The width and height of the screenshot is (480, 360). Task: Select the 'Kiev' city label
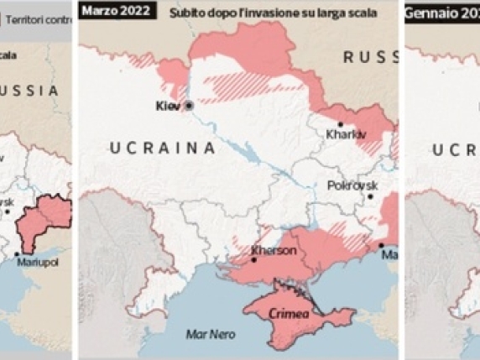169,107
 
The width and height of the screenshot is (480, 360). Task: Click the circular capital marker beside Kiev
190,106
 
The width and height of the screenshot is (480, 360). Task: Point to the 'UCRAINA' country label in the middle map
159,149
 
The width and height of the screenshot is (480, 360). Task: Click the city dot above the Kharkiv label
340,124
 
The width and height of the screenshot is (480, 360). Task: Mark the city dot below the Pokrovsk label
369,196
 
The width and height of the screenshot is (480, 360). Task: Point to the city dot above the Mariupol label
16,253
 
